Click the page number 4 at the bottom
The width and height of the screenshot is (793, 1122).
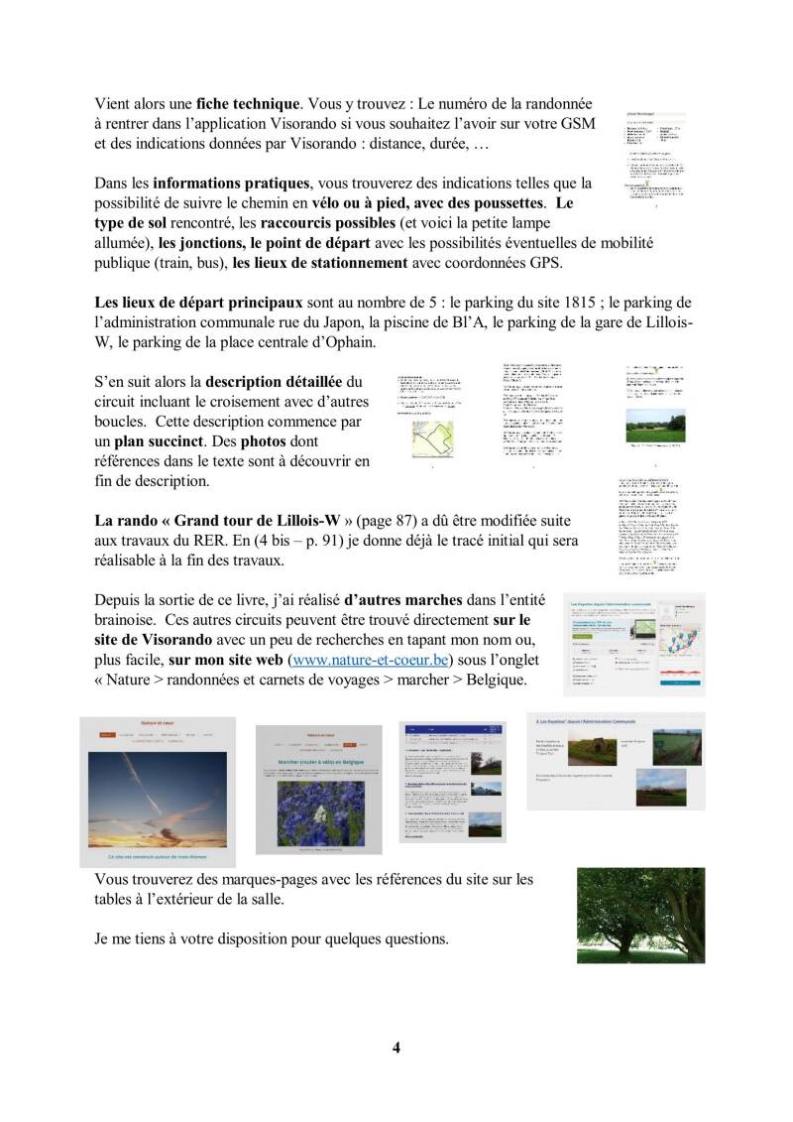396,1048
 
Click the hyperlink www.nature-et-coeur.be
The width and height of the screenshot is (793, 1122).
369,659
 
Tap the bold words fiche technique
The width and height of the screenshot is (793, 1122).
248,103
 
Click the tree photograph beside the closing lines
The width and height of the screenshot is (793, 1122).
640,915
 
